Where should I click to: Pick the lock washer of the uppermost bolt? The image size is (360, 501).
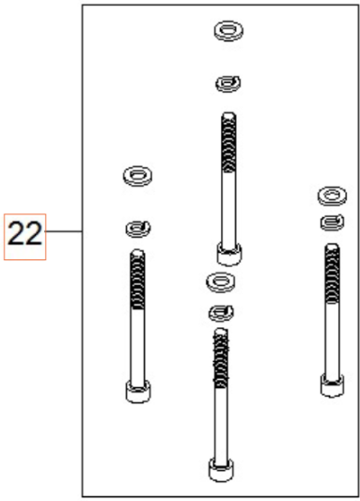click(x=226, y=85)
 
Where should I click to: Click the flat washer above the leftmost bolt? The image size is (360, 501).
click(x=138, y=175)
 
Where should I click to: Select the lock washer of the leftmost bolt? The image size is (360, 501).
click(x=138, y=226)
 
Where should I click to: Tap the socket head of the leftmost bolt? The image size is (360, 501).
click(x=138, y=390)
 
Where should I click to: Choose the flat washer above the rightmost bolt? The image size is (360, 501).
click(x=328, y=196)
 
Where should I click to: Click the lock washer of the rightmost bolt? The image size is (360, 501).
click(x=328, y=221)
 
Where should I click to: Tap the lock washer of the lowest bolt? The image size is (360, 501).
click(x=220, y=311)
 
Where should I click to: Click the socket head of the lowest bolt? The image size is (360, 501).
click(x=220, y=467)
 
